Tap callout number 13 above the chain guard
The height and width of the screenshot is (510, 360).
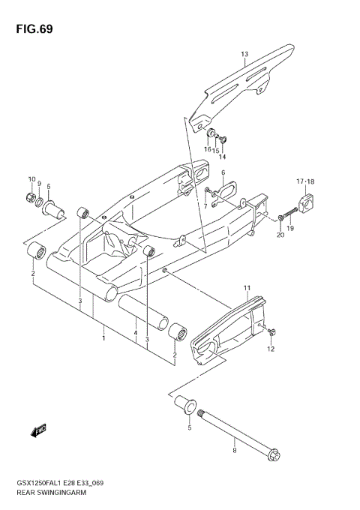pyautogui.click(x=244, y=54)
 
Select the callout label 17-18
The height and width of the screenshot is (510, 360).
pyautogui.click(x=304, y=181)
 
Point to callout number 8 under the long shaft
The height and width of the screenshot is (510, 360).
pyautogui.click(x=234, y=450)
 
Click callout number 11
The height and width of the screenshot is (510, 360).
pyautogui.click(x=245, y=287)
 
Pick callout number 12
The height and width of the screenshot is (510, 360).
pyautogui.click(x=271, y=349)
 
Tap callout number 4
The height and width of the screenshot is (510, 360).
pyautogui.click(x=135, y=334)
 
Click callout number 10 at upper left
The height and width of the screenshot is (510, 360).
pyautogui.click(x=32, y=178)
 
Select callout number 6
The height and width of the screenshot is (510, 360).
pyautogui.click(x=223, y=172)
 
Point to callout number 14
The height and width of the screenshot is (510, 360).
pyautogui.click(x=222, y=157)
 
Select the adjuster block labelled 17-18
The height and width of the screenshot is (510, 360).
pyautogui.click(x=306, y=201)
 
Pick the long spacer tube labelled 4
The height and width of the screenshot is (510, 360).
pyautogui.click(x=142, y=309)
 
